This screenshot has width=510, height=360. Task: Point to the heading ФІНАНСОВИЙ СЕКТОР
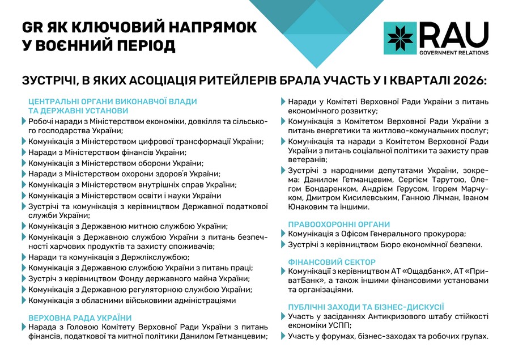click(332, 262)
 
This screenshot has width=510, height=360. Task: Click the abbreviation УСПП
click(339, 325)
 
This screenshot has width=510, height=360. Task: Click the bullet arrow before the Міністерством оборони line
click(24, 163)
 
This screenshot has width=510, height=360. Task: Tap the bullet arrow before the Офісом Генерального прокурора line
click(284, 234)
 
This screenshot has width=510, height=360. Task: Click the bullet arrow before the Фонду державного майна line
click(24, 278)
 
